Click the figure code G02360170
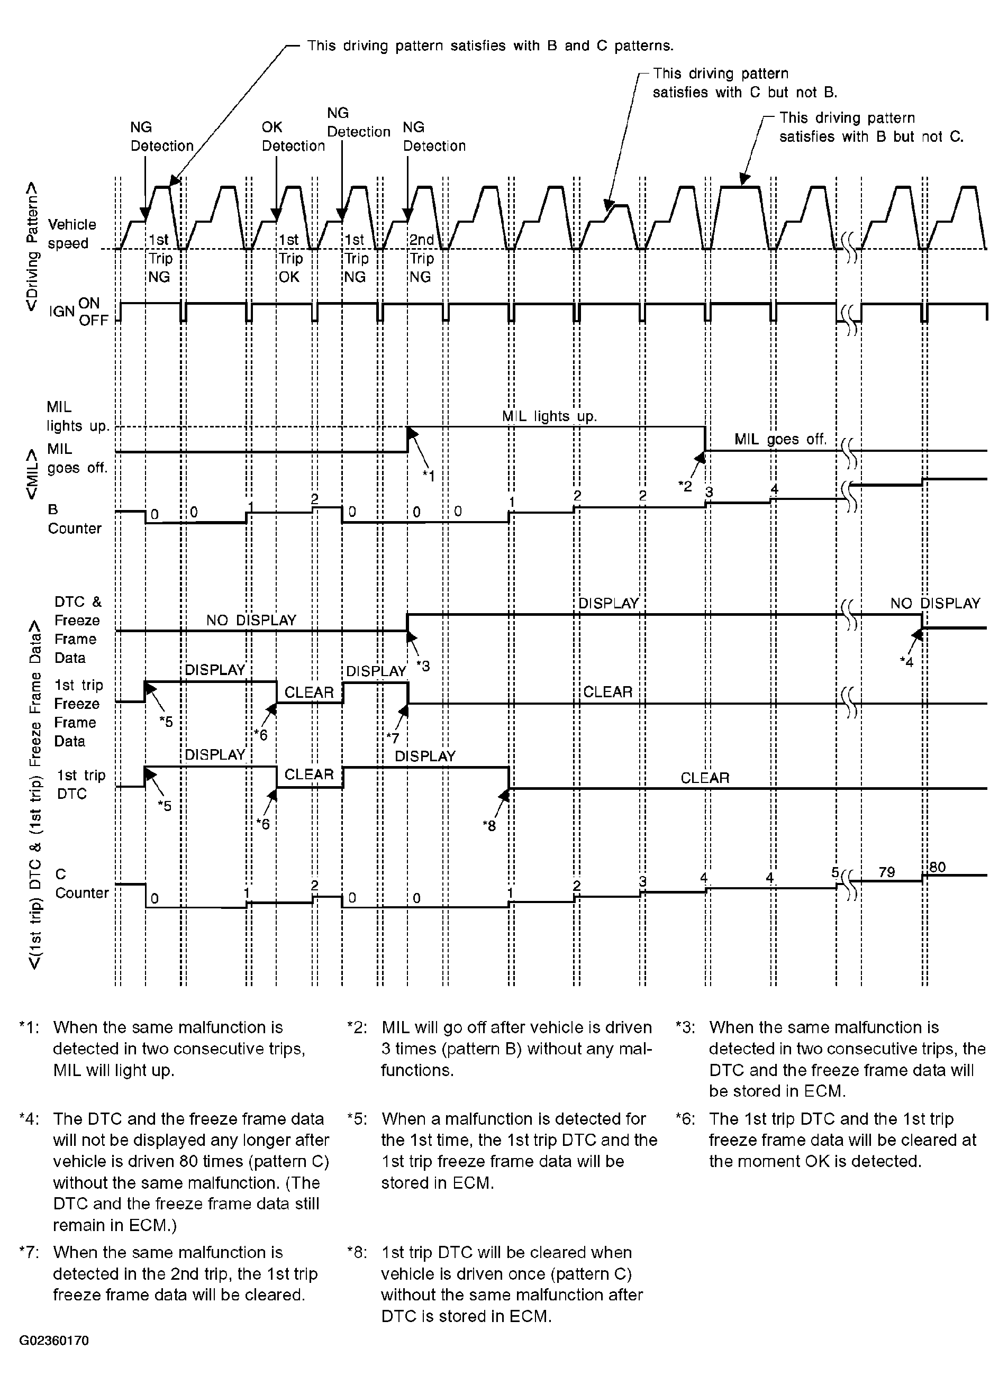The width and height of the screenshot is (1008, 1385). point(54,1341)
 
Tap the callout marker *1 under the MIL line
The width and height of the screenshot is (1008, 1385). point(429,476)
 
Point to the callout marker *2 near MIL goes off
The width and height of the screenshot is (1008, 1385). point(685,486)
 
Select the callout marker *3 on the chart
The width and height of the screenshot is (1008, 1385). point(423,666)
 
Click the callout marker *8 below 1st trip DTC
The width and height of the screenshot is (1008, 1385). point(489,826)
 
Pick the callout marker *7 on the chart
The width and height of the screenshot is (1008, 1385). point(392,739)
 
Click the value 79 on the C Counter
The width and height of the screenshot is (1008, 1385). point(886,872)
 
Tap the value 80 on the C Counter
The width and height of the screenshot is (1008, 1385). point(937,867)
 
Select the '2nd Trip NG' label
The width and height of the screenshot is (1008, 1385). point(421,258)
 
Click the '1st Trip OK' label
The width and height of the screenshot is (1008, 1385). point(289,258)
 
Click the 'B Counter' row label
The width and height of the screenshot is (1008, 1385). point(74,519)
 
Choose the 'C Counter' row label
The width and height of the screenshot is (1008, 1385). point(81,883)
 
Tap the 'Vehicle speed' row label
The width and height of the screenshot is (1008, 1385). point(71,234)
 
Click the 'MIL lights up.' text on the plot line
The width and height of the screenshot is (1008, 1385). point(549,416)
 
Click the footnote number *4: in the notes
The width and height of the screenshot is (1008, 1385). point(29,1119)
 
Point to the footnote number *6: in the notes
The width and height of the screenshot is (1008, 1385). point(685,1119)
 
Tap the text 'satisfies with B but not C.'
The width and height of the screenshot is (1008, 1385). point(871,137)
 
